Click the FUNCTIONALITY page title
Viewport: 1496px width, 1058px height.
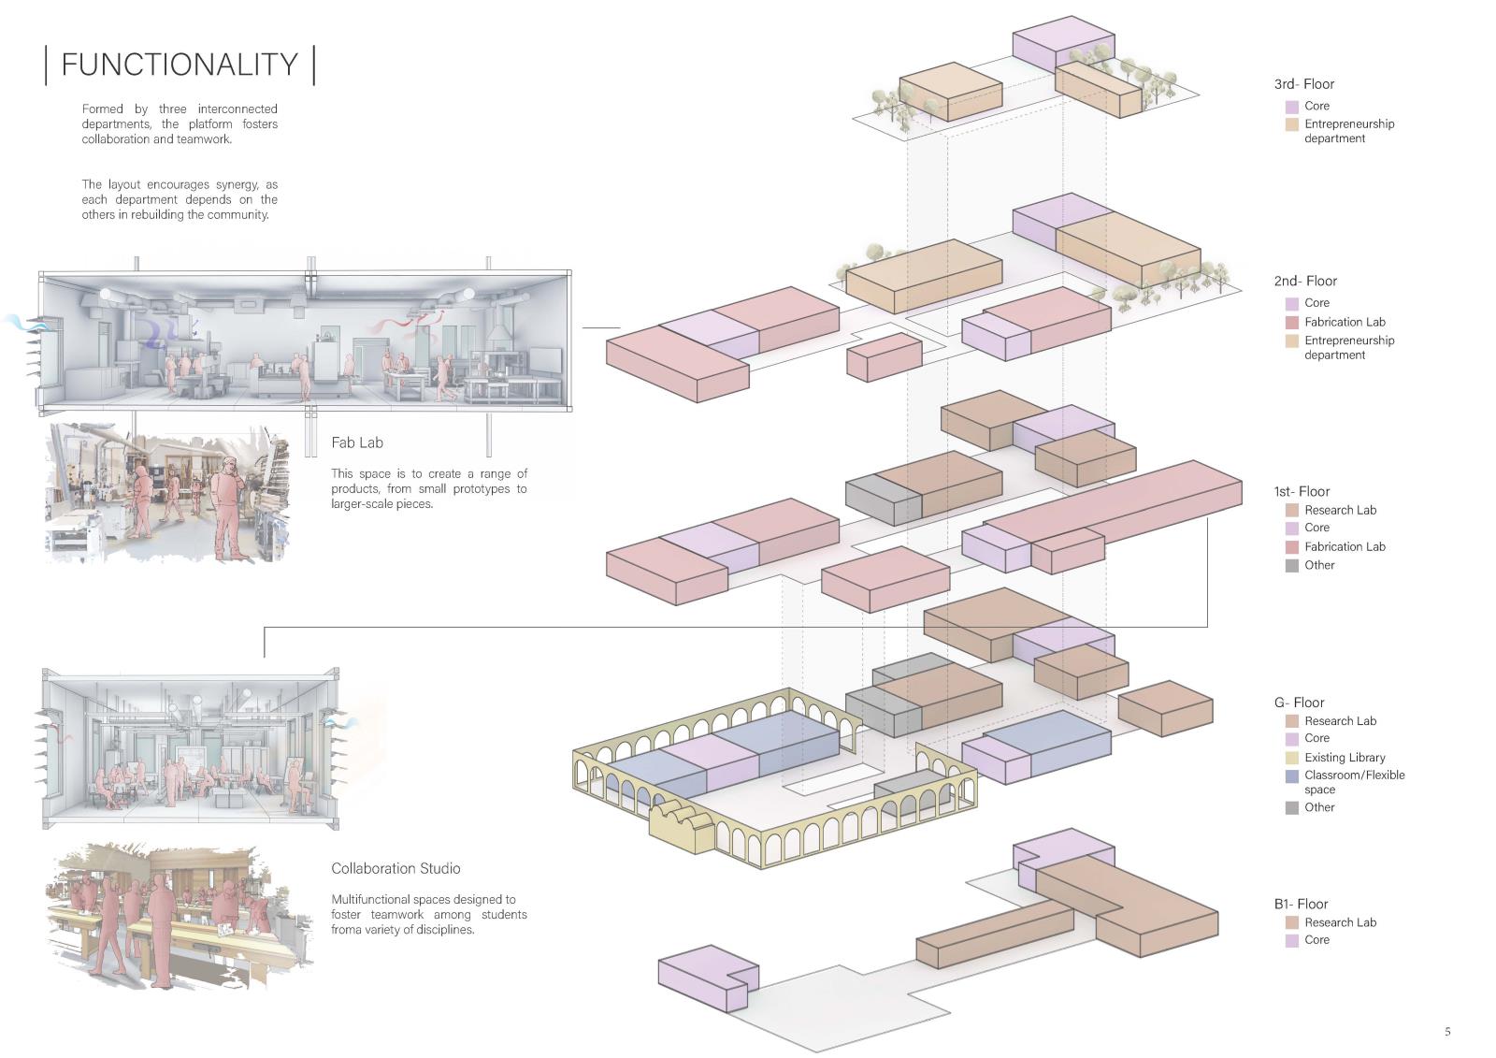(180, 65)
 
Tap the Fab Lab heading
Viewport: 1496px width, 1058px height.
(356, 442)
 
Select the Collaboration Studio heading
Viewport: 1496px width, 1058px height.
(396, 868)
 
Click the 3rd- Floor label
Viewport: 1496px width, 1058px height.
(1303, 84)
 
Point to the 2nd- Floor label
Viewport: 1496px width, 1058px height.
(1305, 281)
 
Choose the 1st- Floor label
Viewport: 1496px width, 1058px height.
(1302, 491)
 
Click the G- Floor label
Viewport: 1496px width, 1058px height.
(1299, 703)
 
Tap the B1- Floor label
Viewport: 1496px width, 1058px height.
(1301, 904)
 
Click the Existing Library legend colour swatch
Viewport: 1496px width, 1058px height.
(1291, 758)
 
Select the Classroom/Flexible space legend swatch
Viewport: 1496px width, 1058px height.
(1291, 776)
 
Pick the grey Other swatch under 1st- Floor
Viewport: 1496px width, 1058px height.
(1291, 566)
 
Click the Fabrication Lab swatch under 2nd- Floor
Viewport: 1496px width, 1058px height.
(1291, 323)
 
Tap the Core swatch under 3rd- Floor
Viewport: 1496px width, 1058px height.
(1291, 107)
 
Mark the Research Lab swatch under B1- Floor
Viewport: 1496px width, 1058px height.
(1291, 922)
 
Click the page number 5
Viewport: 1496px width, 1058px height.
(1447, 1032)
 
